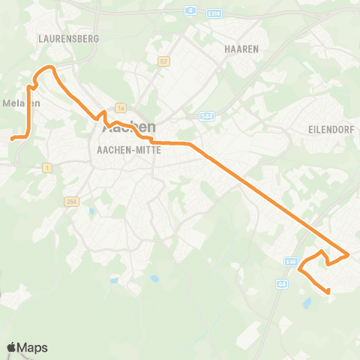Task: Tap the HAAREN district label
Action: (241, 49)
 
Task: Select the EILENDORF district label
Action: (331, 129)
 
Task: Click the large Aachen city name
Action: (128, 129)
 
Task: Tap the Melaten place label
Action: (20, 103)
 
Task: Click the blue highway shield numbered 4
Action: (190, 10)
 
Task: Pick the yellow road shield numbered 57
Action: (163, 61)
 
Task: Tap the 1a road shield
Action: (119, 107)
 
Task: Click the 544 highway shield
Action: (207, 116)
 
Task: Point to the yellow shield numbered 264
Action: (71, 202)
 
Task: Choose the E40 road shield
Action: (292, 262)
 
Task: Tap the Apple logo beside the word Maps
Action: (12, 347)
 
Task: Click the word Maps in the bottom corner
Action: (33, 347)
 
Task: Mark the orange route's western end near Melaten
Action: (12, 138)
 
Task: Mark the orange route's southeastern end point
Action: (329, 291)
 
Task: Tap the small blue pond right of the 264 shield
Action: (91, 211)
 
